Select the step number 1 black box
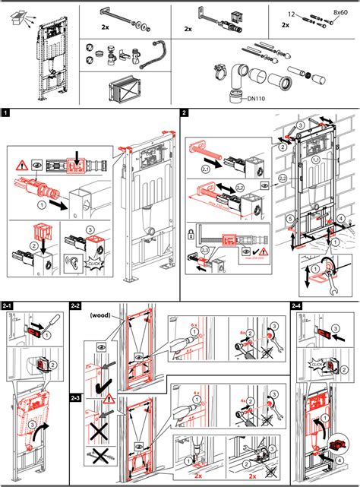[x=6, y=113]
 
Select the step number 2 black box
[x=185, y=113]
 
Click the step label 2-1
[x=8, y=305]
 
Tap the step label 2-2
[x=75, y=305]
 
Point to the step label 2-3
[x=75, y=397]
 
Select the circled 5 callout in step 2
[x=290, y=221]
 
